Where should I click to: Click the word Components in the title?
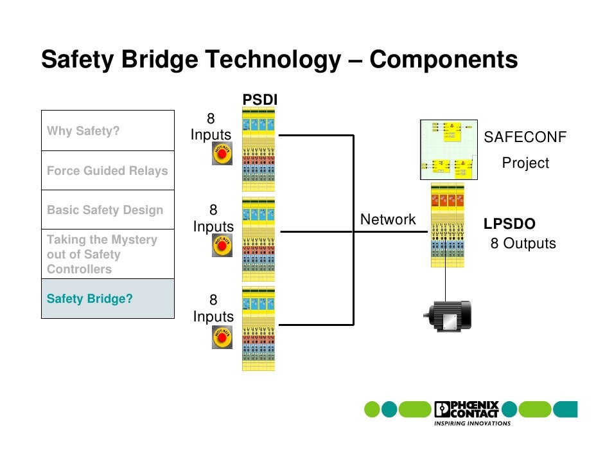[x=443, y=60]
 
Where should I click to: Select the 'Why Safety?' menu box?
[x=107, y=131]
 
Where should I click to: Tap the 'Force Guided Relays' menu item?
[x=107, y=171]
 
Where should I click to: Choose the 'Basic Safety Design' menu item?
[x=107, y=210]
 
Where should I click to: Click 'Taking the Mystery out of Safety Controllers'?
[x=107, y=255]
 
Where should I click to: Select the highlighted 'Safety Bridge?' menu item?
[x=107, y=299]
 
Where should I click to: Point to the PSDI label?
[x=259, y=99]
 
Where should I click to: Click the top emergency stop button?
[x=222, y=155]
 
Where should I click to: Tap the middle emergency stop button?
[x=222, y=246]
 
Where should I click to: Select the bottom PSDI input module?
[x=258, y=329]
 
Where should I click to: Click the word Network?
[x=388, y=220]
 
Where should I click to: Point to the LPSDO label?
[x=509, y=224]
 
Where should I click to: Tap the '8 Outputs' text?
[x=523, y=244]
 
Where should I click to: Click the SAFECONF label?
[x=525, y=138]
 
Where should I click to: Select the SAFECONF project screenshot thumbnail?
[x=449, y=149]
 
